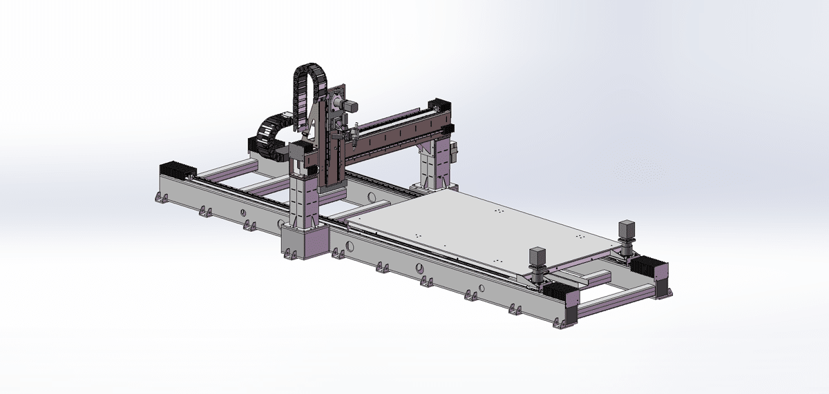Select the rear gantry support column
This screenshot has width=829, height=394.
click(432, 162)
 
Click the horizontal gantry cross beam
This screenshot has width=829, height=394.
click(394, 138)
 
